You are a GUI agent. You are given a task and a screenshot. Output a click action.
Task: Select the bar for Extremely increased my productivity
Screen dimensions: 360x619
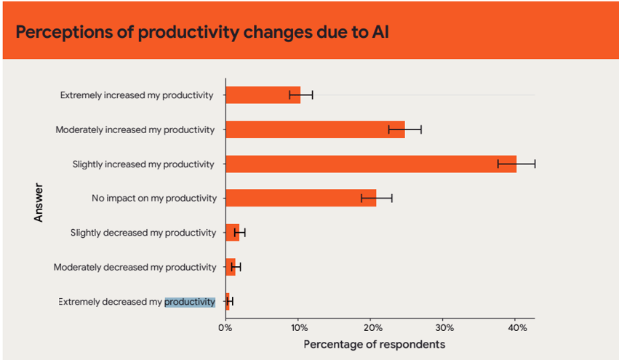(263, 95)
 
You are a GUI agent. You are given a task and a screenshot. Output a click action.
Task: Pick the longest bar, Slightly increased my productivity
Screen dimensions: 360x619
(370, 164)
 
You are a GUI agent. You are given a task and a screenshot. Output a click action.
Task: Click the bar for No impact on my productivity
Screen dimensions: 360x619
(300, 198)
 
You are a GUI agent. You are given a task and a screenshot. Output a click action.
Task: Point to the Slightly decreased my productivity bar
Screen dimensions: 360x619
(232, 233)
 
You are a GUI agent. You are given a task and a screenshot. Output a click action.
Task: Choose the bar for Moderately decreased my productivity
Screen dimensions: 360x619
(230, 267)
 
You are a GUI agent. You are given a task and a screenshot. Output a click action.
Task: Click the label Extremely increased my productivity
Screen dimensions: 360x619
(137, 95)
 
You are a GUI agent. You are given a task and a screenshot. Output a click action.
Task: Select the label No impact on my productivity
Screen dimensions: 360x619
(154, 198)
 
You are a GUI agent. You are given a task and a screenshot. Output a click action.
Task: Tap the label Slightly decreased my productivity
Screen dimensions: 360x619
(143, 233)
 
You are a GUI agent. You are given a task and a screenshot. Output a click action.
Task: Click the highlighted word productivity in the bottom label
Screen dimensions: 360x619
(190, 302)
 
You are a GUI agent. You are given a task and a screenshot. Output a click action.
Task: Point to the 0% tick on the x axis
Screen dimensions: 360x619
(225, 327)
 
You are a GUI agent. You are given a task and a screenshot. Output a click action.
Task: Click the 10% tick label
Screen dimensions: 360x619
(297, 327)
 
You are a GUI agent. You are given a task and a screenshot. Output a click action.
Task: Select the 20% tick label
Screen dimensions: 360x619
(370, 327)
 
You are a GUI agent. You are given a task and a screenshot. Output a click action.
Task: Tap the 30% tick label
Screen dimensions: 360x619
(443, 327)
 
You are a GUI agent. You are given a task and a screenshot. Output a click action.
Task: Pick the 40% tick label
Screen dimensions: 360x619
(516, 327)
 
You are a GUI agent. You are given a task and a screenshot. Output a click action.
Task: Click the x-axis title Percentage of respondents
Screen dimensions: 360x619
(374, 343)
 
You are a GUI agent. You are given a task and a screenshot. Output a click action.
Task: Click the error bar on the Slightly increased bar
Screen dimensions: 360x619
(516, 164)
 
